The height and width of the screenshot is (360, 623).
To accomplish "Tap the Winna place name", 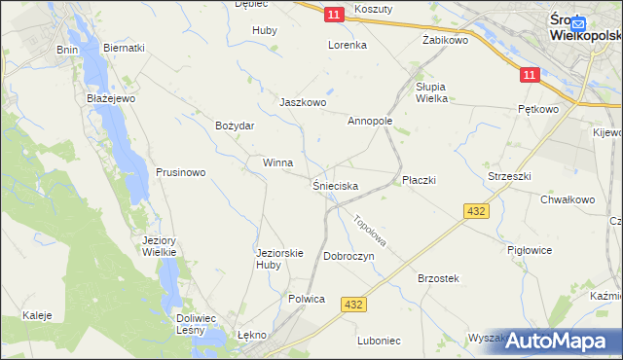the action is pyautogui.click(x=277, y=162).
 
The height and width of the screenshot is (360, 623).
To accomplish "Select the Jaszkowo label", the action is pyautogui.click(x=302, y=102).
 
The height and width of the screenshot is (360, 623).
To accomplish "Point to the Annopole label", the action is pyautogui.click(x=370, y=122).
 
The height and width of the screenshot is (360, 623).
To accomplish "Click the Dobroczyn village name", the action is pyautogui.click(x=349, y=256).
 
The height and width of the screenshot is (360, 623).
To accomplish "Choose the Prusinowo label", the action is pyautogui.click(x=180, y=172).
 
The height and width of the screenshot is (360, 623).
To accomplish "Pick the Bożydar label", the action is pyautogui.click(x=235, y=126).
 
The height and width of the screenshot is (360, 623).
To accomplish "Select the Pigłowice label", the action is pyautogui.click(x=530, y=250).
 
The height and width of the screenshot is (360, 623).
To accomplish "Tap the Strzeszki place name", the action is pyautogui.click(x=508, y=176).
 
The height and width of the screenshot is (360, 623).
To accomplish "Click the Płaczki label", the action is pyautogui.click(x=419, y=180).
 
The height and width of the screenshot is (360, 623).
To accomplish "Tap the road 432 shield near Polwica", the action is pyautogui.click(x=353, y=305).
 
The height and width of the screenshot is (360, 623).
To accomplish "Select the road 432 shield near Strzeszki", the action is pyautogui.click(x=476, y=210).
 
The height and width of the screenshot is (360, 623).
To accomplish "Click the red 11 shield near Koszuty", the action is pyautogui.click(x=334, y=14).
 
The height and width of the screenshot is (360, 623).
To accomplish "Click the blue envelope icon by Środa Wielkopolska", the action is pyautogui.click(x=578, y=23).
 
